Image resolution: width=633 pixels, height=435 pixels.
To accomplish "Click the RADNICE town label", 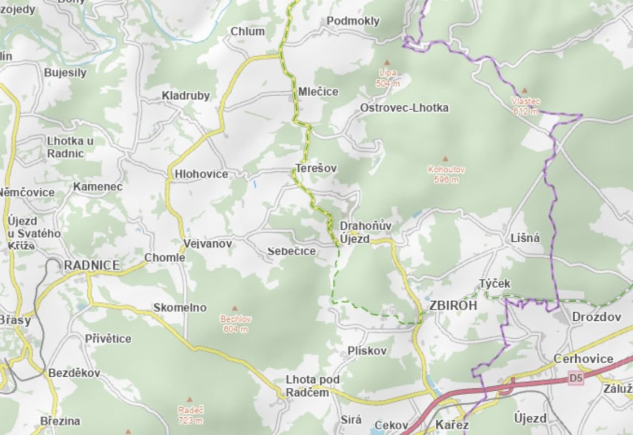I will pos(92,265).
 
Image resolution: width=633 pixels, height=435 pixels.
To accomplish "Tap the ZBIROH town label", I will pos(453,306).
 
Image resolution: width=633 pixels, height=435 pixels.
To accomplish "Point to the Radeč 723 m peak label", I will pos(190,415).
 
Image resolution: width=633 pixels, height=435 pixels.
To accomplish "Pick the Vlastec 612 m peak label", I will pos(525,106).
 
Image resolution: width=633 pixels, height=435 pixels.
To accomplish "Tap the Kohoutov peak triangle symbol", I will pos(445,159).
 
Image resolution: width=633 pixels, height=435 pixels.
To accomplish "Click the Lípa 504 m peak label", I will pos(387,78).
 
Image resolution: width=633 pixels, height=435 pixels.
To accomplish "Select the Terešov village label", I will pos(316,169).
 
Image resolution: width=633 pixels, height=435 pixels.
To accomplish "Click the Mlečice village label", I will pos(318,92).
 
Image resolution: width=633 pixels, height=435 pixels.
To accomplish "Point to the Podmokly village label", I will pos(353,21).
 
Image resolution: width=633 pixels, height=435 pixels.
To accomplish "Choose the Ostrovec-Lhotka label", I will pos(404,108).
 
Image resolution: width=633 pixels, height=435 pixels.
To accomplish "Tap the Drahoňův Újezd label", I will pos(358,232).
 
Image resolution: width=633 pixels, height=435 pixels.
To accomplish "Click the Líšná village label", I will pos(526,238).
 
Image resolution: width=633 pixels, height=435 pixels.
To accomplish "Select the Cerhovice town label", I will pos(583,359).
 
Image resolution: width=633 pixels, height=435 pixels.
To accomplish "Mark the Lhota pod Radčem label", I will pos(308,386).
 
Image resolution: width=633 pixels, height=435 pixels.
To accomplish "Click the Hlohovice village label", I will pos(201,175).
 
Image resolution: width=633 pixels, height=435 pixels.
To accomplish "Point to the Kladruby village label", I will pos(185,96).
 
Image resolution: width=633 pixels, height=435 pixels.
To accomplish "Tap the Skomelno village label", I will pos(180,308).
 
